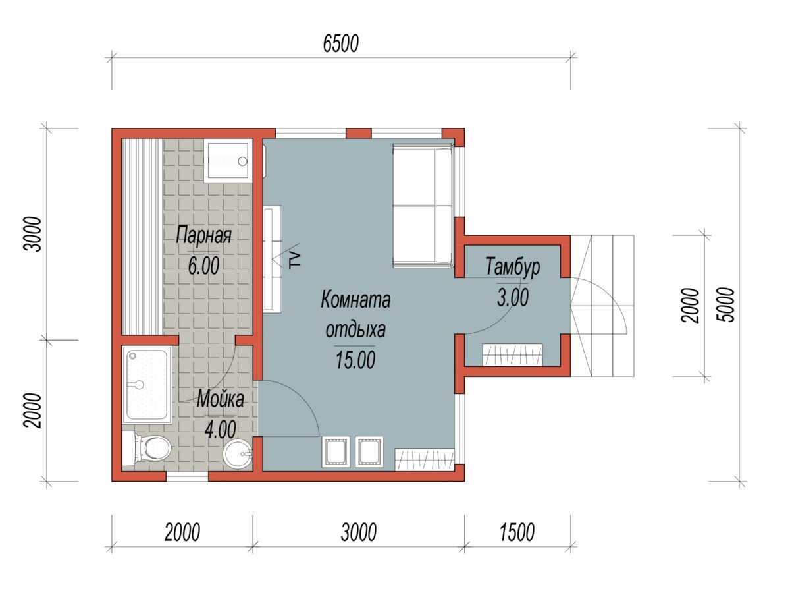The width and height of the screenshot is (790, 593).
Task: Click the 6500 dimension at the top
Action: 340,44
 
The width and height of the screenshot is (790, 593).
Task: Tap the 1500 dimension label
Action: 517,532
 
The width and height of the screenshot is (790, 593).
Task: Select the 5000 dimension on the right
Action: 725,304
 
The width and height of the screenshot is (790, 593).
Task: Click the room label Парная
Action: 203,235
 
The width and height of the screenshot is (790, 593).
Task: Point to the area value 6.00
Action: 203,266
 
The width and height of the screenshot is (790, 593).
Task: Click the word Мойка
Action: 221,399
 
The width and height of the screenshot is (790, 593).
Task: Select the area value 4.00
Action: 221,429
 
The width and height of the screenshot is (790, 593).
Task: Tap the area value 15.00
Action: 355,360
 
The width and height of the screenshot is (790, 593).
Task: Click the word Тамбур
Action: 512,266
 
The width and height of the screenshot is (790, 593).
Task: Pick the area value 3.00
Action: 512,297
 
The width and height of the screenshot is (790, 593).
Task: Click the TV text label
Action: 295,260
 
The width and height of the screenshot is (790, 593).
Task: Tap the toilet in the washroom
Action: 146,449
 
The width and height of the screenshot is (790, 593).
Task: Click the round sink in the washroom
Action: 238,454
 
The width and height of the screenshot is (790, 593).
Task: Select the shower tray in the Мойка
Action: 147,385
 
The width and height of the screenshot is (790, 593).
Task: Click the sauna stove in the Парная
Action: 226,161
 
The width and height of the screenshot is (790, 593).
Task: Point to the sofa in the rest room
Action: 423,205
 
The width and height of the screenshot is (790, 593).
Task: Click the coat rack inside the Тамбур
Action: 512,354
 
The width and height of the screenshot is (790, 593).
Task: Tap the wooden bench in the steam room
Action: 142,237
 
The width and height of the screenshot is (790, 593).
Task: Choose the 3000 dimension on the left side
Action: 32,234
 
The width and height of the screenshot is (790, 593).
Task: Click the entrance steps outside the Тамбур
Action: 602,306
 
